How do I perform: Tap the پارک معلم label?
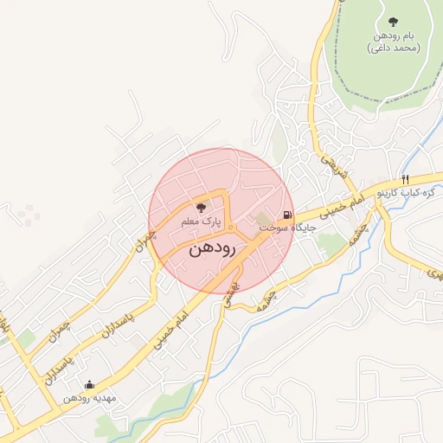pos(201,222)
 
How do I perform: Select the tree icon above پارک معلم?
pos(202,208)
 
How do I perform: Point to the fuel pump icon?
pos(286,214)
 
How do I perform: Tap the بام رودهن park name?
pos(394,35)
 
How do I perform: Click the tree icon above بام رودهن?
pos(394,21)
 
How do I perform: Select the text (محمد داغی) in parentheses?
pos(394,48)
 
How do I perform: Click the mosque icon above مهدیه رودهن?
pos(89,385)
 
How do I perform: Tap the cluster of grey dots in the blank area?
pos(28,214)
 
